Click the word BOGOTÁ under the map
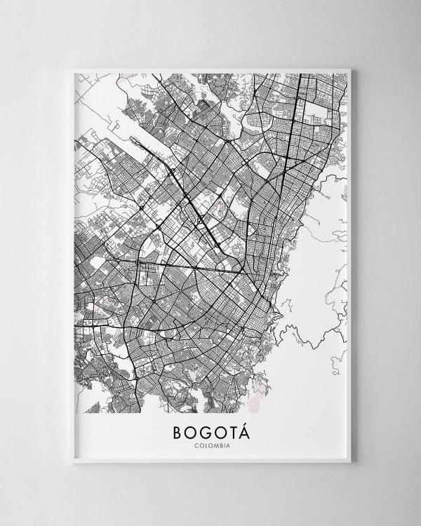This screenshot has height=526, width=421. tap(210, 430)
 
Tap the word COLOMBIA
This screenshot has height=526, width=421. tap(210, 444)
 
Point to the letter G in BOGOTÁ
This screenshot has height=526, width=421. tap(204, 430)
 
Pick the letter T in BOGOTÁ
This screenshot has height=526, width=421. tap(232, 430)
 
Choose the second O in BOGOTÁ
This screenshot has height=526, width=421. tap(218, 430)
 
